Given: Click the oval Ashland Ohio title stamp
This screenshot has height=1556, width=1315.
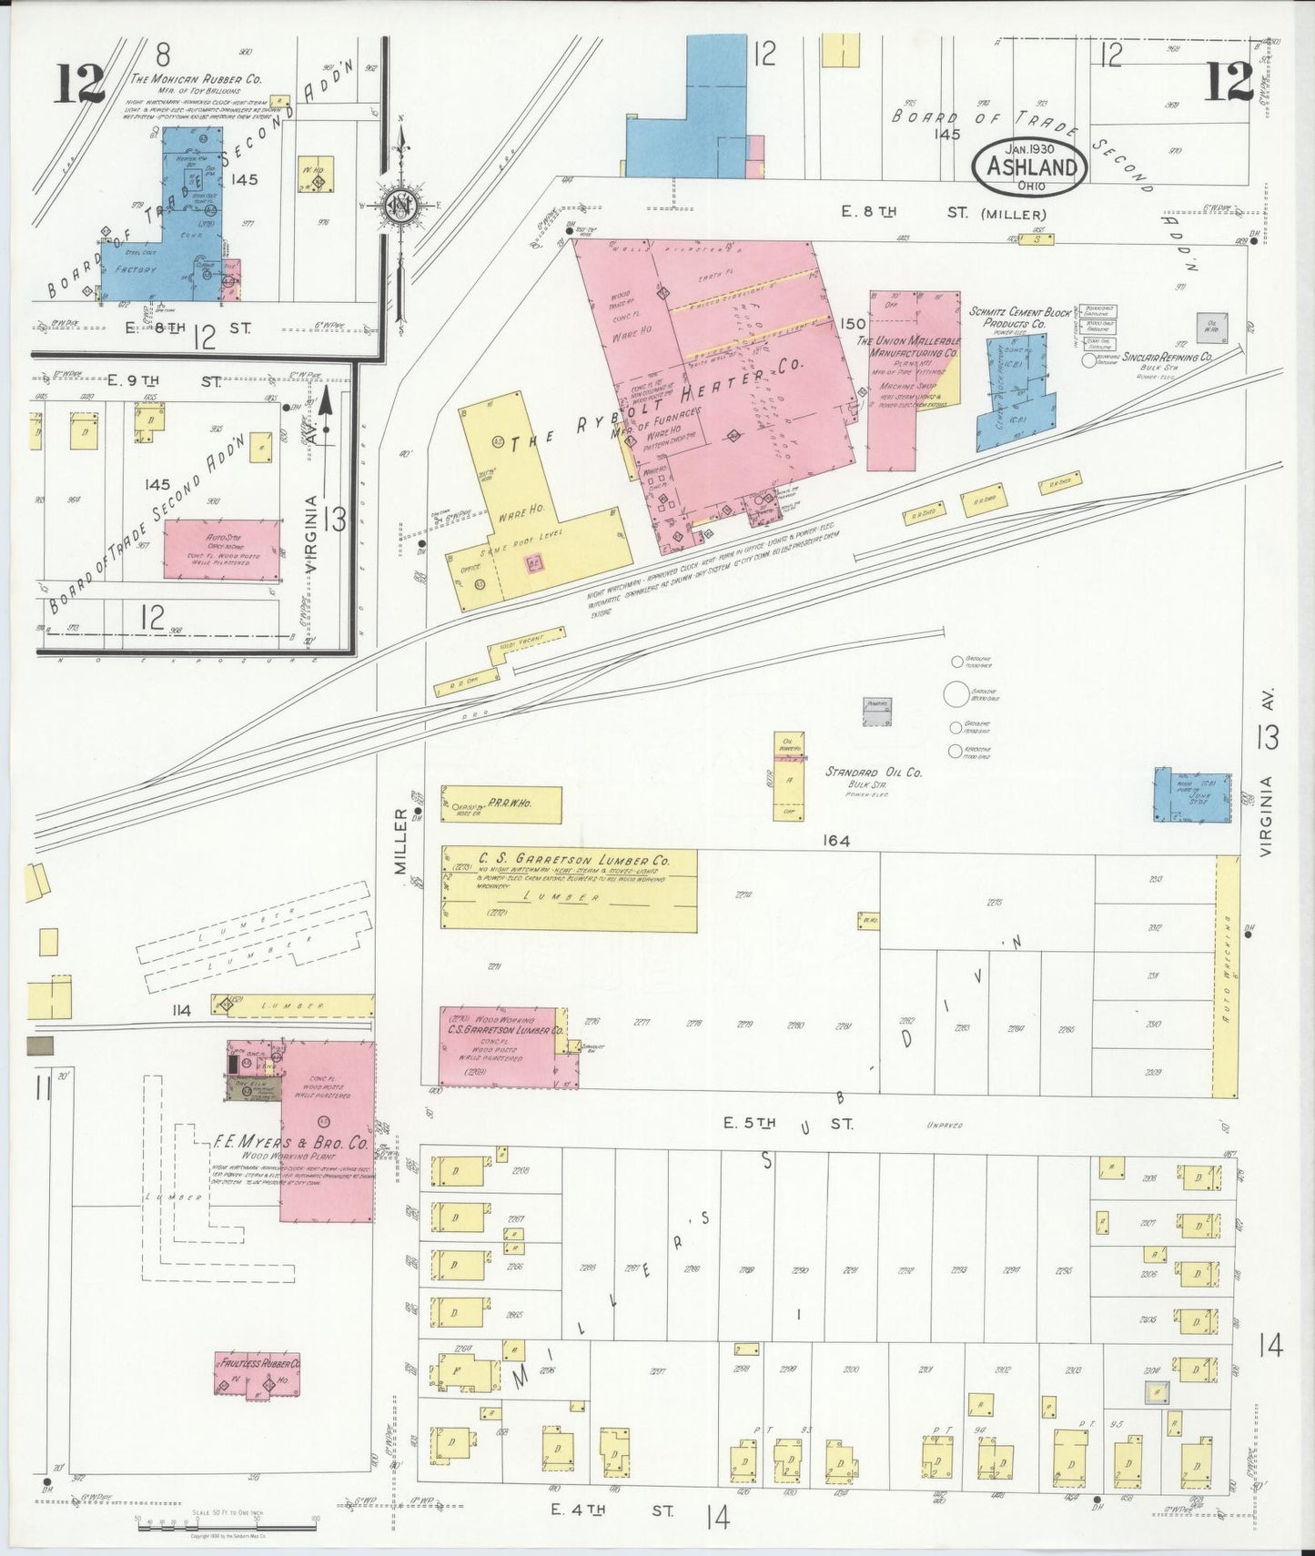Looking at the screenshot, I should click(1028, 167).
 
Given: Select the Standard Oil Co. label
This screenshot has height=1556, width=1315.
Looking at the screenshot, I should click(874, 773).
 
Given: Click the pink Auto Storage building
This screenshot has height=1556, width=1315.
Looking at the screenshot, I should click(222, 549).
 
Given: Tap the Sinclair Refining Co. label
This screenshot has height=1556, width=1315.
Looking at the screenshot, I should click(1166, 358).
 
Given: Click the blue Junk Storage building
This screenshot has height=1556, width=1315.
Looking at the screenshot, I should click(1193, 798).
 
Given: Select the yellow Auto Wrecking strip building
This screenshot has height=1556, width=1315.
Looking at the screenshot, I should click(1227, 975).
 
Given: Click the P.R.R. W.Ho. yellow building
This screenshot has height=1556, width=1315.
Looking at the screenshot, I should click(501, 804).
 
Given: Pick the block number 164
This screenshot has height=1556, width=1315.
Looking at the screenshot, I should click(835, 841).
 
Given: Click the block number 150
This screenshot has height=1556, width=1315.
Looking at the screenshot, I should click(853, 324).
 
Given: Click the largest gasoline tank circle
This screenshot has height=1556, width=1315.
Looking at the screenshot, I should click(956, 694).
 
